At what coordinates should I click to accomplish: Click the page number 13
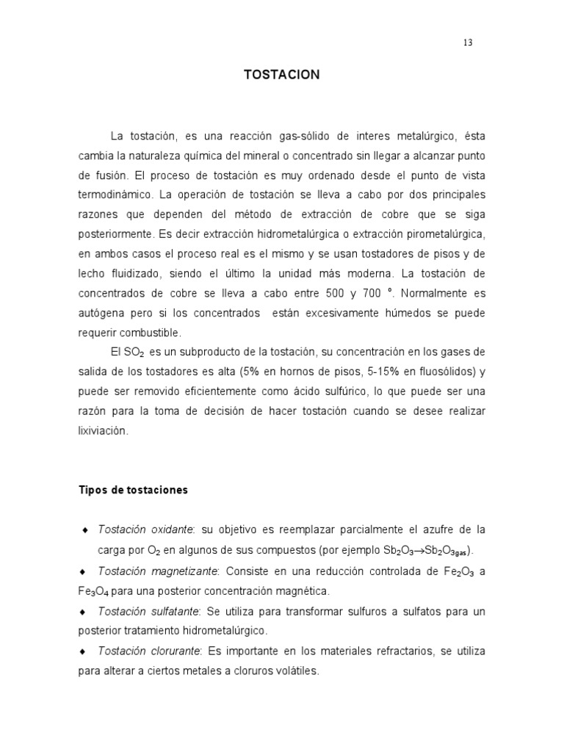coord(468,42)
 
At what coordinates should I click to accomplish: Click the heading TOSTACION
coord(281,75)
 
